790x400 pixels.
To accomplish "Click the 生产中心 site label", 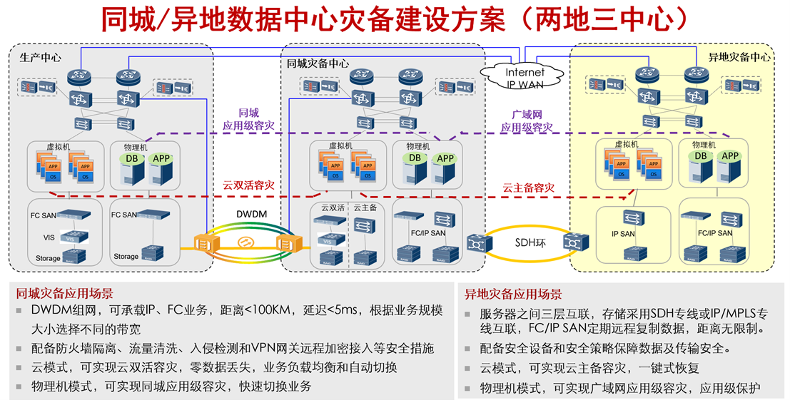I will [x=40, y=57].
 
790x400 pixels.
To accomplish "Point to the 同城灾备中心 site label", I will [x=318, y=63].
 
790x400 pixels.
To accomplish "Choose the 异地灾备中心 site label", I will [x=739, y=57].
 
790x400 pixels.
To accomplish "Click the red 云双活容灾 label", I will [x=248, y=185].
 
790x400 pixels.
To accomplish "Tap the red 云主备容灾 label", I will [x=528, y=188].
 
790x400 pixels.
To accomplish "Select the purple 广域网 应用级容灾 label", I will [x=527, y=120].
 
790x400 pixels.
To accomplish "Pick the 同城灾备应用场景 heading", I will [x=65, y=293].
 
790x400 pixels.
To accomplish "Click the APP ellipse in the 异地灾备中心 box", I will [x=729, y=156].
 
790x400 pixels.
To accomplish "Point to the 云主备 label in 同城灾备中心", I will [x=364, y=207].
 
